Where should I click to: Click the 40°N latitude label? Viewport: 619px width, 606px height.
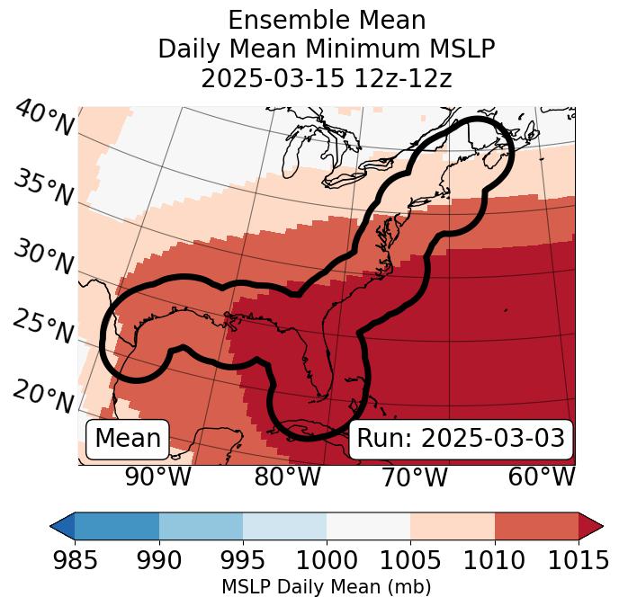click(44, 119)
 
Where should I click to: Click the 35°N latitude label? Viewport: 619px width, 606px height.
click(44, 188)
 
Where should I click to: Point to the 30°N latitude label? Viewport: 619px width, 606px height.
click(44, 258)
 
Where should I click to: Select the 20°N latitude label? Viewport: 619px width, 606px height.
click(44, 397)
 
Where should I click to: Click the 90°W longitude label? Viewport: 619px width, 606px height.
click(157, 477)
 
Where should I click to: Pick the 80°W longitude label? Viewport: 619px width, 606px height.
click(287, 477)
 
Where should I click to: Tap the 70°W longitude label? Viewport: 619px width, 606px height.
click(414, 477)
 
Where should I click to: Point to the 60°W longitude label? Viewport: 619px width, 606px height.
click(542, 477)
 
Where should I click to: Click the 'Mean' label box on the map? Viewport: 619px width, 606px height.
click(128, 439)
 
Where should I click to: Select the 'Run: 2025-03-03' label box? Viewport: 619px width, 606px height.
click(461, 439)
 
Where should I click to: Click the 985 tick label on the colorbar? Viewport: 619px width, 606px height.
click(75, 560)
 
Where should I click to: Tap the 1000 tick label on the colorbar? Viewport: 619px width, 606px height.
click(327, 560)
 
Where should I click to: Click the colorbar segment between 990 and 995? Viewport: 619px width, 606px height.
click(201, 525)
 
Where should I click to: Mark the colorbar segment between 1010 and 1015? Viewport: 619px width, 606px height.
click(536, 525)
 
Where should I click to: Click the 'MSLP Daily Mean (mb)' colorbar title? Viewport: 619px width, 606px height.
click(327, 587)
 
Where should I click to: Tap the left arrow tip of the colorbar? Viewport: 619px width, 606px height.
click(54, 525)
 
